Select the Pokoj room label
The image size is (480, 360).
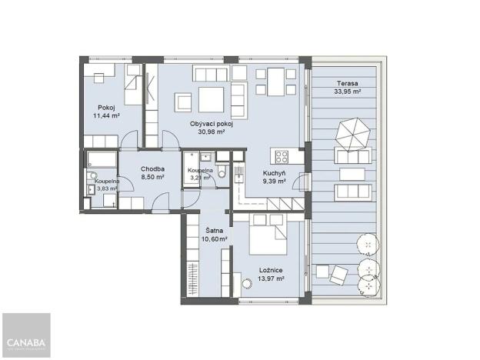click(x=106, y=107)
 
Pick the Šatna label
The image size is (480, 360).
click(x=214, y=230)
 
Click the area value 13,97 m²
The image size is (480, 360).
click(x=269, y=279)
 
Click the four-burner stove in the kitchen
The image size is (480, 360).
click(x=282, y=157)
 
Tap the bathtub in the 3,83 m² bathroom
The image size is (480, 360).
click(x=101, y=160)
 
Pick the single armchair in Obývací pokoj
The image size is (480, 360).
click(x=183, y=102)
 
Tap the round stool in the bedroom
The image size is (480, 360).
click(x=246, y=284)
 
